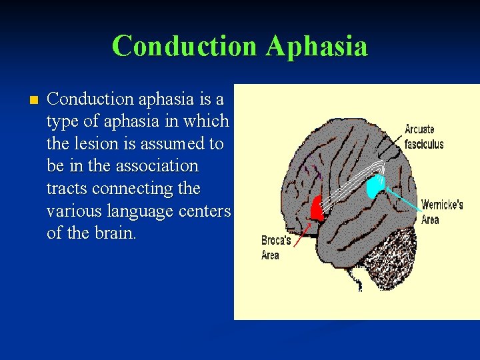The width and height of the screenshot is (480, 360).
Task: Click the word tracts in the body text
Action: click(67, 189)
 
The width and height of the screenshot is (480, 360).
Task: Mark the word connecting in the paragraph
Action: click(134, 189)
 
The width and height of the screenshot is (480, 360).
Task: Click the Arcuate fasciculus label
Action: click(423, 137)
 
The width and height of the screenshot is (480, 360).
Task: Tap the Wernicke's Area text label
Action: click(441, 211)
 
